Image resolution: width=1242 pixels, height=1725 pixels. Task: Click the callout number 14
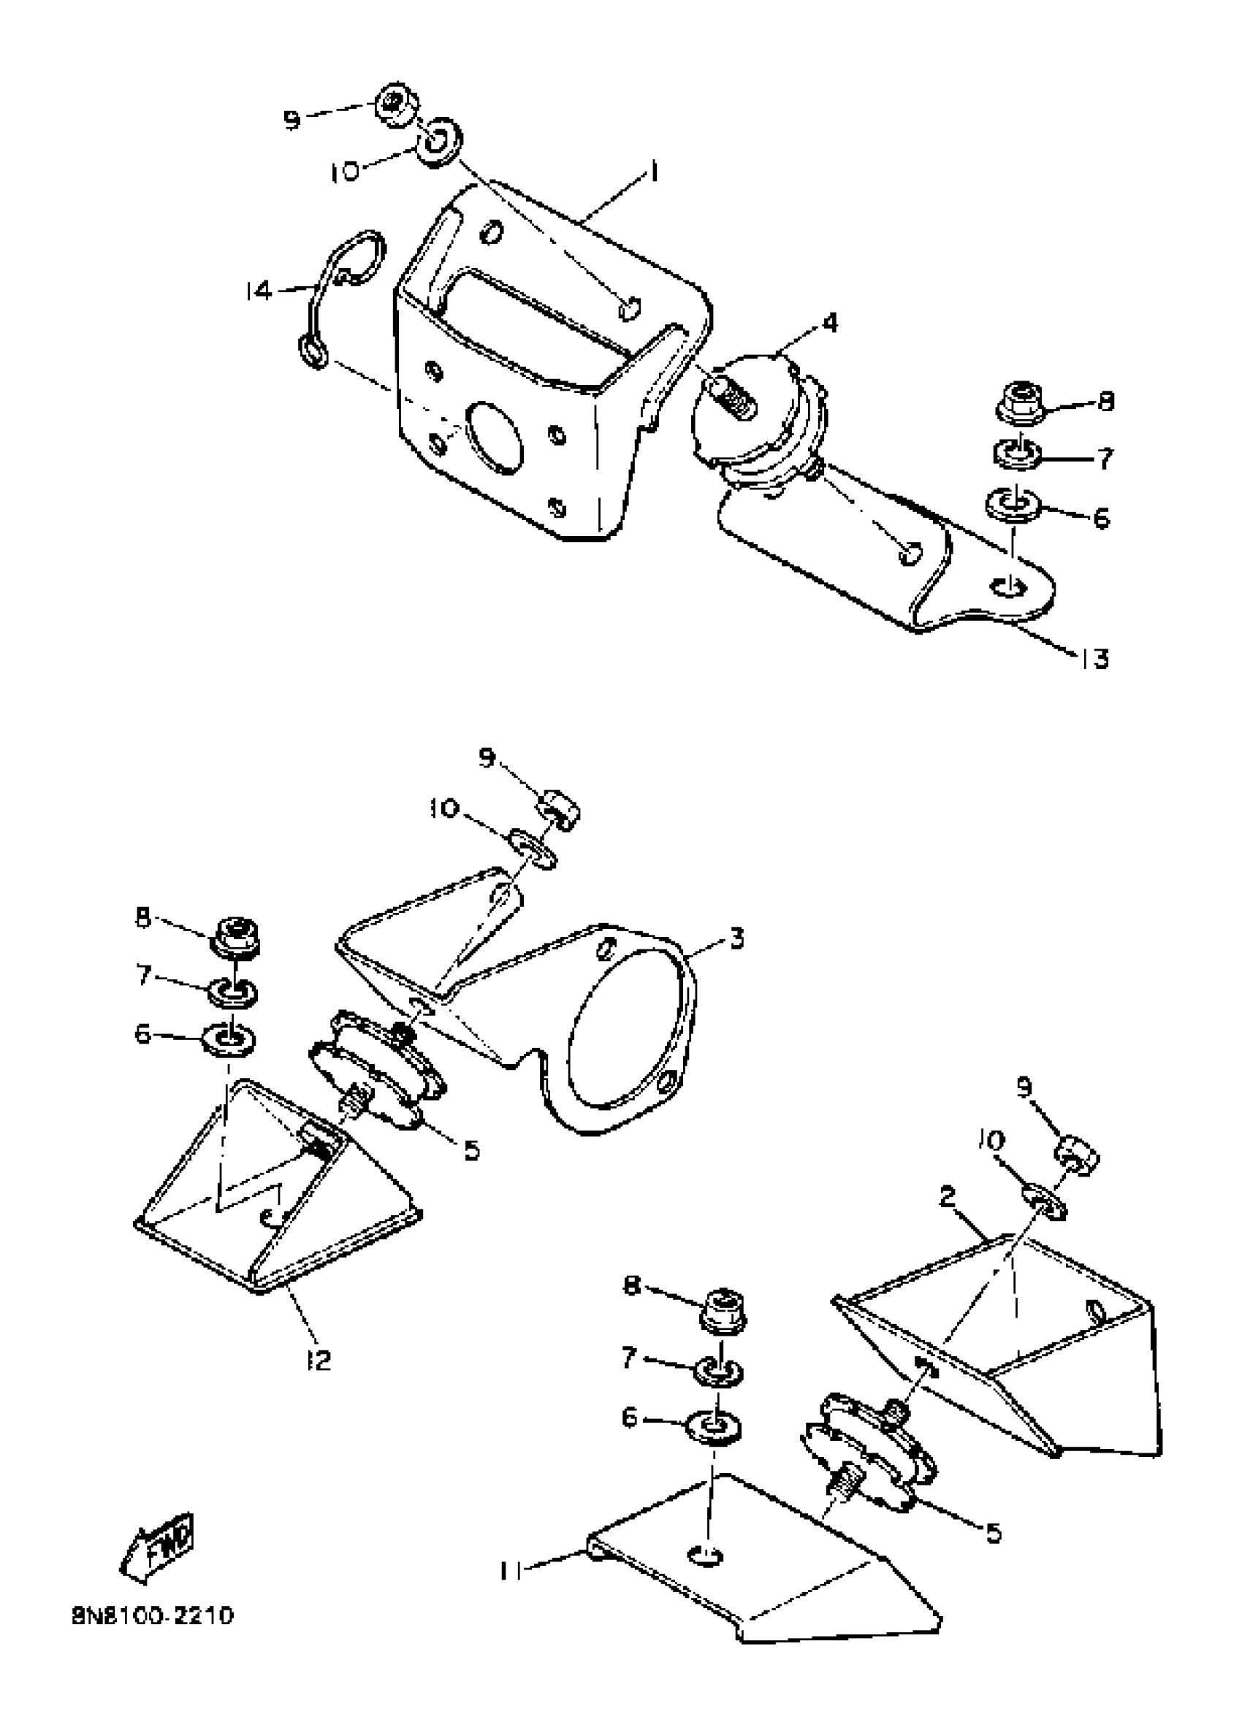tap(259, 291)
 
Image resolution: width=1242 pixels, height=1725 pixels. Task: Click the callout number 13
tap(1094, 659)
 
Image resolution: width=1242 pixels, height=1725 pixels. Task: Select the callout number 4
tap(829, 324)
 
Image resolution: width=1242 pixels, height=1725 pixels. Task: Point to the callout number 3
tap(735, 938)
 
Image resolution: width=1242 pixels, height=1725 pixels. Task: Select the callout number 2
tap(947, 1197)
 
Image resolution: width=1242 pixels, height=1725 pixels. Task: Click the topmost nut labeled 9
tap(396, 104)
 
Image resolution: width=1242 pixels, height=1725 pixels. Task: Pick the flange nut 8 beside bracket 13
tap(1020, 402)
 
